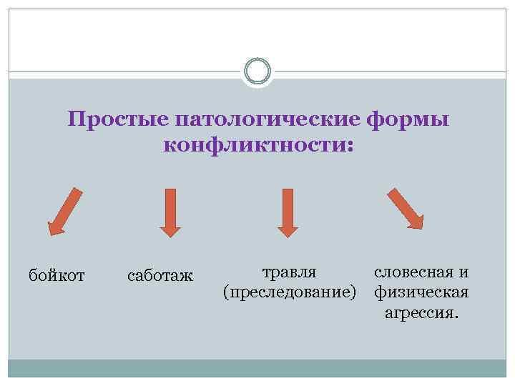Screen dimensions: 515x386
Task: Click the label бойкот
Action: tap(57, 274)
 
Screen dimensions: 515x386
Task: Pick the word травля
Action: tap(290, 272)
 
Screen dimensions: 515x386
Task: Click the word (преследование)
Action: tap(290, 292)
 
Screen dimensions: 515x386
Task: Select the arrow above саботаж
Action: tap(170, 212)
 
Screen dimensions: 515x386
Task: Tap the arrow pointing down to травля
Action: tap(287, 212)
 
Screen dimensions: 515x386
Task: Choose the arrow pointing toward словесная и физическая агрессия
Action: tap(405, 208)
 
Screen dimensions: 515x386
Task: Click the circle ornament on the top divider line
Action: tap(257, 71)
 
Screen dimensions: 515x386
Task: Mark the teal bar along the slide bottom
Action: tap(257, 368)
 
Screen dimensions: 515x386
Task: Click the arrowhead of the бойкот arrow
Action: tap(56, 227)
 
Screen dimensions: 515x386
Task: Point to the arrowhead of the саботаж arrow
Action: tap(170, 228)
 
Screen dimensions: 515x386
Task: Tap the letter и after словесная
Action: tap(463, 272)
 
